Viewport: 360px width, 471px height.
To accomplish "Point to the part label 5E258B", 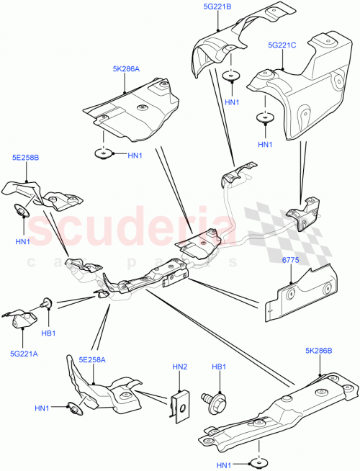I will point(25,156).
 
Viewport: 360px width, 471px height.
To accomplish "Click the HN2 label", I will point(179,367).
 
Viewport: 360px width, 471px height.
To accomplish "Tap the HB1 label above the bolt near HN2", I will point(218,367).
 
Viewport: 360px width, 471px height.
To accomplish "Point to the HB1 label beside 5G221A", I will point(49,332).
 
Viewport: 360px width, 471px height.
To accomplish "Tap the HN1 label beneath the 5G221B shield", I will point(232,102).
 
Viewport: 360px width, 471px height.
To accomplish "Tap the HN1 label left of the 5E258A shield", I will point(42,408).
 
